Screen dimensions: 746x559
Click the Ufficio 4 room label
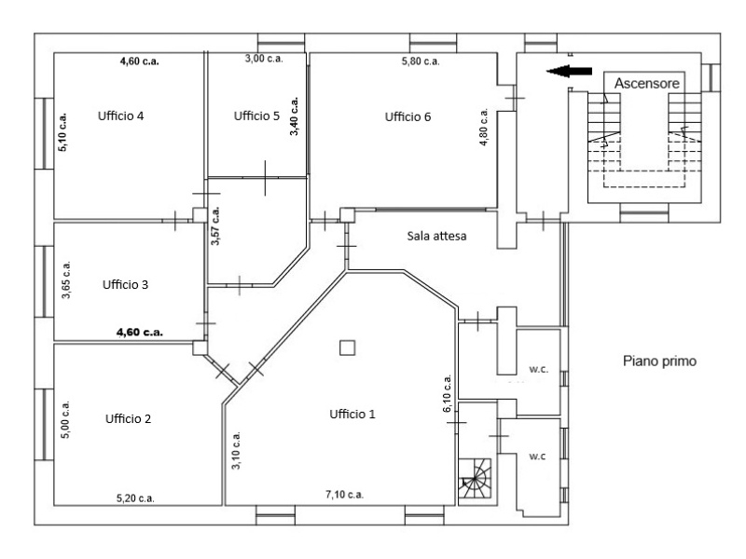click(121, 116)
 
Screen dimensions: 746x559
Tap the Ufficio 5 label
click(256, 116)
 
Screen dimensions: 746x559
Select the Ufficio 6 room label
click(408, 117)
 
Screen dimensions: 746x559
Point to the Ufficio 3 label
click(126, 285)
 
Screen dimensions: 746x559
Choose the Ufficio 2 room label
click(128, 418)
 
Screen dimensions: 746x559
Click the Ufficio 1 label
click(352, 415)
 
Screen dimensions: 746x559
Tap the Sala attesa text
click(436, 237)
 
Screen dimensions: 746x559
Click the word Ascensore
click(647, 84)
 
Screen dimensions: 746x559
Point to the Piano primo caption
click(660, 361)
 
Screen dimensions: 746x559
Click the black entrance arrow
click(569, 72)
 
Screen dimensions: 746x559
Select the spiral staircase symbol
click(475, 478)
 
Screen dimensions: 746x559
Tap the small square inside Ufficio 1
click(348, 348)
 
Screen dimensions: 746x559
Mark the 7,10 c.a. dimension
click(344, 495)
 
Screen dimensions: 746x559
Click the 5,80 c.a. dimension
click(421, 61)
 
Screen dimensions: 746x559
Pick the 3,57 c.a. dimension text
click(215, 225)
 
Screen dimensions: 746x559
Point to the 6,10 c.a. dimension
click(448, 393)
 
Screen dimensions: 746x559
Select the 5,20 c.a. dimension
click(135, 498)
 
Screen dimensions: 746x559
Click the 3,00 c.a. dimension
click(264, 59)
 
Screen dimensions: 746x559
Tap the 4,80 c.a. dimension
click(484, 127)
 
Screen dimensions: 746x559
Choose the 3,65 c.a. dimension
click(66, 280)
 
